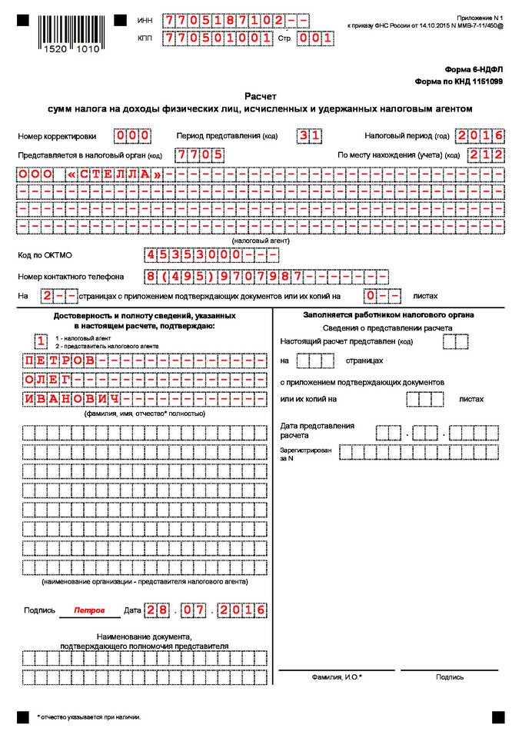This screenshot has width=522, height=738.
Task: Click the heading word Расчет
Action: click(261, 97)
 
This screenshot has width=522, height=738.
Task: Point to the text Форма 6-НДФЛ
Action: click(474, 69)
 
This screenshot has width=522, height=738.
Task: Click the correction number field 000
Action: click(132, 136)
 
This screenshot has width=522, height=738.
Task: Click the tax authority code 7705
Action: click(199, 155)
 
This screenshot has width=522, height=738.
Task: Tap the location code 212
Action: click(488, 155)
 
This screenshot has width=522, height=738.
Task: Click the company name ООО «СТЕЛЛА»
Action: click(91, 175)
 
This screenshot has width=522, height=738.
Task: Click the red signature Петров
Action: click(89, 610)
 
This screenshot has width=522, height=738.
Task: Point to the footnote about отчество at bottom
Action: click(89, 716)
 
